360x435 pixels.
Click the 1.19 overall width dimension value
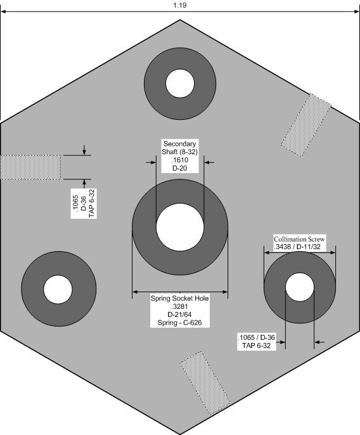pos(180,5)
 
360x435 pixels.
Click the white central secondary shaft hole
pos(180,227)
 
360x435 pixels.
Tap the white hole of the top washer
pos(180,83)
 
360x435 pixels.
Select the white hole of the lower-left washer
pos(58,289)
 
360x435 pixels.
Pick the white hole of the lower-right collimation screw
pos(300,287)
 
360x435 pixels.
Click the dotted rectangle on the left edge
pos(30,167)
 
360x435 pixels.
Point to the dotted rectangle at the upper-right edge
pos(306,124)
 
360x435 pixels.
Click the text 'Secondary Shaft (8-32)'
pos(180,148)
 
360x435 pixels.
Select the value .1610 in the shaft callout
pos(180,160)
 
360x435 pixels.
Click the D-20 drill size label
pos(180,168)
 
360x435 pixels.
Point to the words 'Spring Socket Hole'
pos(180,299)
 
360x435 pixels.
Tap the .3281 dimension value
pos(180,306)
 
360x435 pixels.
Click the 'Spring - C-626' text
pos(180,323)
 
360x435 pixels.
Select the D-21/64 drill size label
pos(180,315)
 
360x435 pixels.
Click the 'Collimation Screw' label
pos(299,239)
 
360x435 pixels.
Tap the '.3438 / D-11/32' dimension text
pos(297,247)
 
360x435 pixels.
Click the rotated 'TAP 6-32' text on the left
pos(92,204)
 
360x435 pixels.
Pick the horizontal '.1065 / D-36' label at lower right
pos(256,337)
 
